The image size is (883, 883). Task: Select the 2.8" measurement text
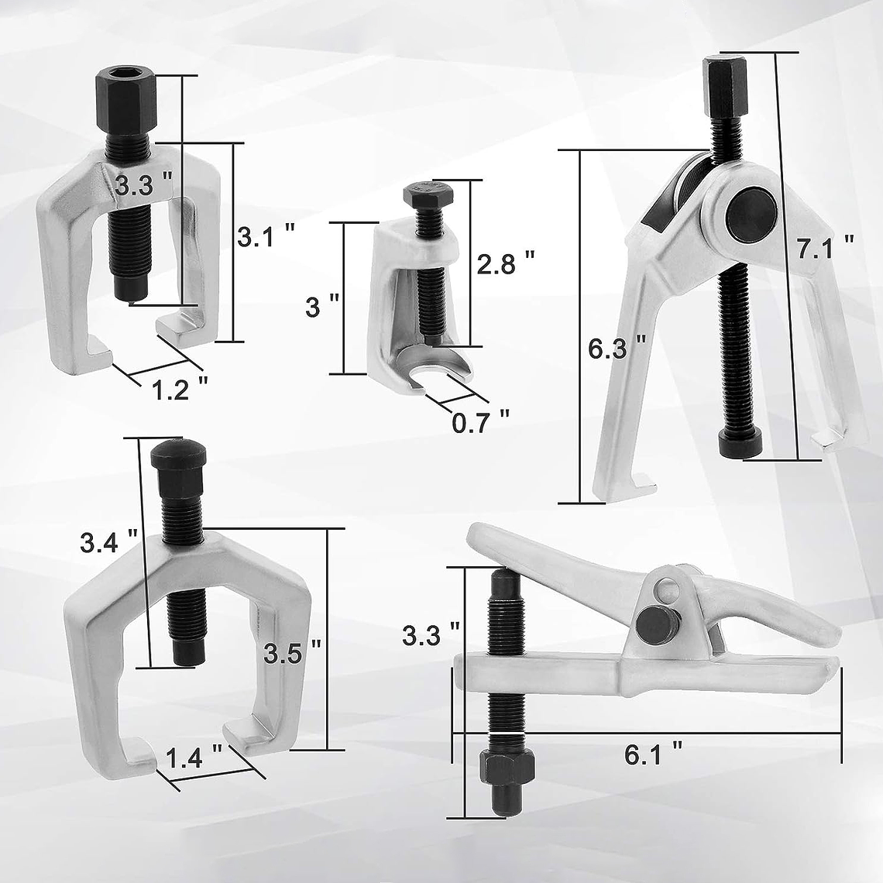[x=505, y=263]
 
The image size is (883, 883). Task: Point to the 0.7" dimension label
[x=480, y=423]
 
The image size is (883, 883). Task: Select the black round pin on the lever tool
[x=651, y=621]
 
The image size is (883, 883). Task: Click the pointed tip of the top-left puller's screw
[x=131, y=293]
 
